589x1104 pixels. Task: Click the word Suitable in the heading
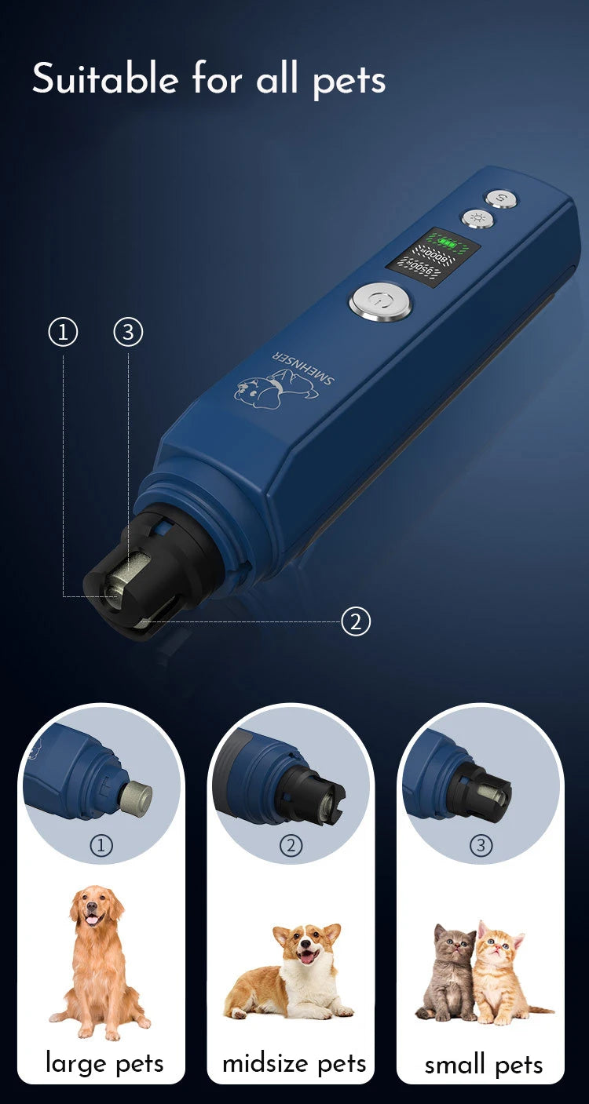(x=104, y=78)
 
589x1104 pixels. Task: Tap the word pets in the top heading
(x=349, y=81)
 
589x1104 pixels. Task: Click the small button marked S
(x=499, y=197)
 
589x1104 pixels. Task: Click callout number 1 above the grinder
(x=63, y=332)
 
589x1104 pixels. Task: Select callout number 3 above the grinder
(x=128, y=332)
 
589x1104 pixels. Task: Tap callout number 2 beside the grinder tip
(x=356, y=622)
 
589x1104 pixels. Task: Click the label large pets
(x=104, y=1062)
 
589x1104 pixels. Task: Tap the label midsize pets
(x=294, y=1063)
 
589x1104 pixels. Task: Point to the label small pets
(x=483, y=1065)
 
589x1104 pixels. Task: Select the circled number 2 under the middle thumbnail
(x=291, y=845)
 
